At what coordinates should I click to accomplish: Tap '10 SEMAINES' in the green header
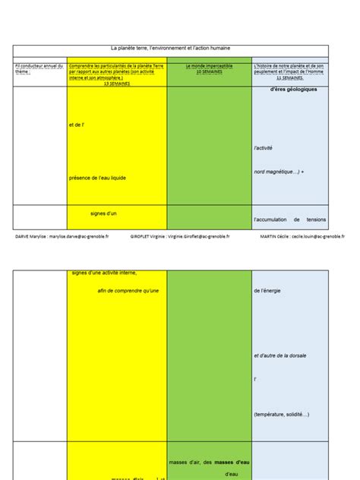point(209,72)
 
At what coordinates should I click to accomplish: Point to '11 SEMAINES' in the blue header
point(290,77)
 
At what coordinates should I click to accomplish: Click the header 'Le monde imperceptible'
point(209,66)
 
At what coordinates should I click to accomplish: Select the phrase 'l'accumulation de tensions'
point(289,219)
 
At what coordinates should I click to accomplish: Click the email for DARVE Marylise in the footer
point(62,236)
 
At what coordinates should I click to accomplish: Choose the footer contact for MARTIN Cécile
point(301,236)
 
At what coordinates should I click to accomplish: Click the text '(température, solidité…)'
point(282,414)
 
